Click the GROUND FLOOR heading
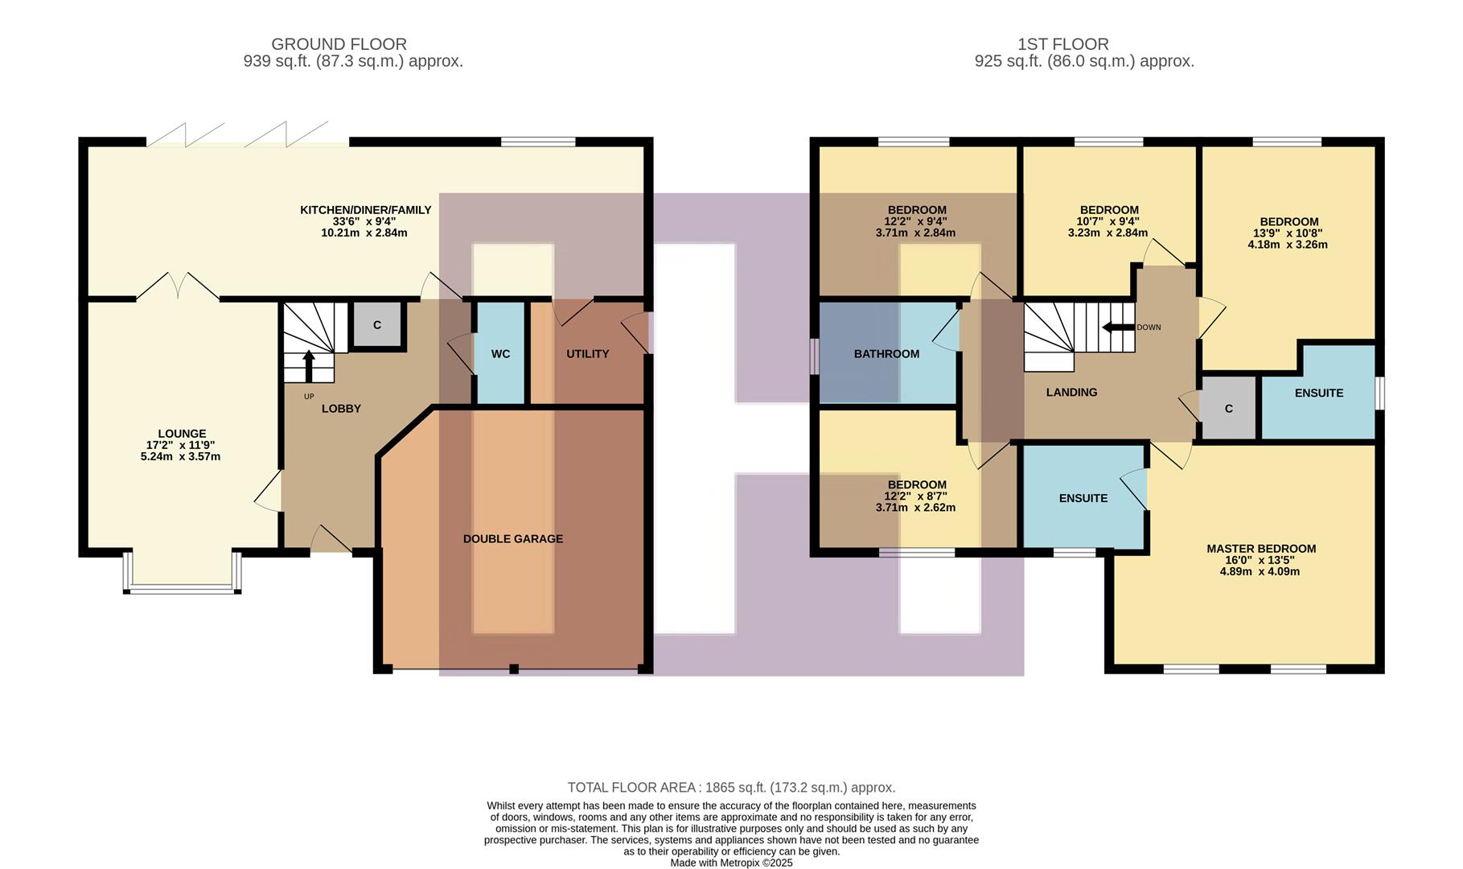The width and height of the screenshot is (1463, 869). (x=339, y=44)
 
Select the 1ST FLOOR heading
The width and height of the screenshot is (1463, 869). (x=1062, y=44)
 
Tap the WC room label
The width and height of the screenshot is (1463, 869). (x=500, y=354)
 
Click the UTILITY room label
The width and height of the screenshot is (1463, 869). (x=587, y=354)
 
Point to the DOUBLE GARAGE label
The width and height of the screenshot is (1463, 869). (x=512, y=539)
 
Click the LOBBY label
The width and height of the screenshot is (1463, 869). (x=341, y=409)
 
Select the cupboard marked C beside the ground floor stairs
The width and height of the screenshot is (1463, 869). (x=376, y=325)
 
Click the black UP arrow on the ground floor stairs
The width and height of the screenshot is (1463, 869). (x=309, y=365)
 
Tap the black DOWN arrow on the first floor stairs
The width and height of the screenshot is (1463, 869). (x=1118, y=327)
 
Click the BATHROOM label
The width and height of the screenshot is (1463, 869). (x=886, y=354)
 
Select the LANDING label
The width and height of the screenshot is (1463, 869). (x=1071, y=393)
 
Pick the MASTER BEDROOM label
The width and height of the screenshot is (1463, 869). (x=1260, y=549)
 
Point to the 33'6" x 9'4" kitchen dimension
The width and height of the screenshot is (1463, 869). (x=364, y=221)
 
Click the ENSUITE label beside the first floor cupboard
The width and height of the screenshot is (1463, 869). (x=1318, y=393)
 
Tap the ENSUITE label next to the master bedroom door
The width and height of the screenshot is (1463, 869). (x=1083, y=498)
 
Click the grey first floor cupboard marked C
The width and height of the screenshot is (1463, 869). (x=1228, y=409)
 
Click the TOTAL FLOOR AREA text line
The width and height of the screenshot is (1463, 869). (x=731, y=788)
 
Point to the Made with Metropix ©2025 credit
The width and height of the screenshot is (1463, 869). (x=731, y=863)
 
